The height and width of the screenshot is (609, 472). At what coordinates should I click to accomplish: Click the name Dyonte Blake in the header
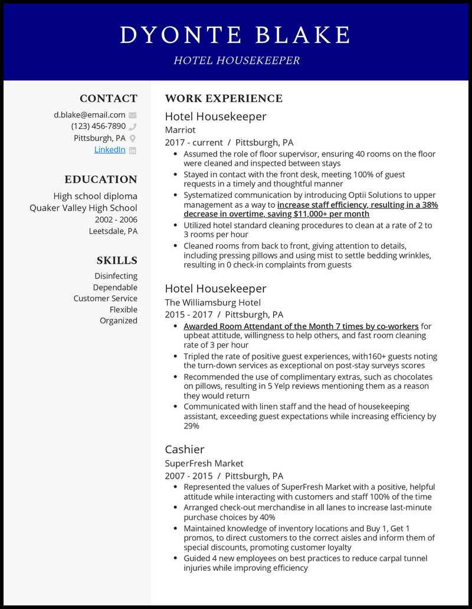tap(235, 35)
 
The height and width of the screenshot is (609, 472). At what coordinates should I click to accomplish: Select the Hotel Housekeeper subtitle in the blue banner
tap(237, 60)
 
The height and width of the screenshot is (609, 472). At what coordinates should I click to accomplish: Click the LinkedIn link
tap(110, 150)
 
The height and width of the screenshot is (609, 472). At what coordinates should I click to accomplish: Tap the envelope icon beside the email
tap(133, 115)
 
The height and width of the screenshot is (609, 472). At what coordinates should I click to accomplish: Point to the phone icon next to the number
tap(133, 126)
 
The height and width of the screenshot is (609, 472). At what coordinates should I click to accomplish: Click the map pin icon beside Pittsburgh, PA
tap(133, 138)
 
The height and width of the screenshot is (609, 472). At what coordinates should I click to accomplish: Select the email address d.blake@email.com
tap(90, 115)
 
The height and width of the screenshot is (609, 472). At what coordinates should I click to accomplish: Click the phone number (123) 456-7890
tap(99, 126)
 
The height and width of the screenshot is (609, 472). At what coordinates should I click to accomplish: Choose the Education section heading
tap(101, 179)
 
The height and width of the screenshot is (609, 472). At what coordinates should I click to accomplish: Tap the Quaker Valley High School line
tap(83, 208)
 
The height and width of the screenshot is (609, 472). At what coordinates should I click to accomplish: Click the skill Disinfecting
tap(116, 276)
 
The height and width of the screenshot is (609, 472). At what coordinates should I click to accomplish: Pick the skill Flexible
tap(123, 309)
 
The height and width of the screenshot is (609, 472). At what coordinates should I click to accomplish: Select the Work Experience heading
tap(224, 99)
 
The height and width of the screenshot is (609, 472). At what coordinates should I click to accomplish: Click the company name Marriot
tap(180, 130)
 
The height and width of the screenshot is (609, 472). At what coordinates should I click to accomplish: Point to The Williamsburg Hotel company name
tap(212, 302)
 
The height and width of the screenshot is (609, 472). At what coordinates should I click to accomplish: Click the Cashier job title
tap(185, 449)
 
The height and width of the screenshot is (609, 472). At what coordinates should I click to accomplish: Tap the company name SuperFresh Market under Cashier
tap(204, 463)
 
